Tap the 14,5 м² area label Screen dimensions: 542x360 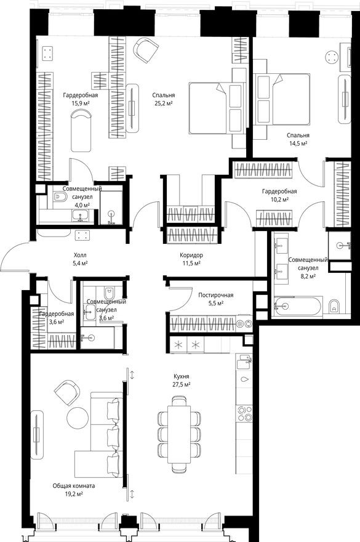[x=297, y=143]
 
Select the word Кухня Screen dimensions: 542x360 [x=181, y=374]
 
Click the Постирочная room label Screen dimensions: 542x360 [x=215, y=294]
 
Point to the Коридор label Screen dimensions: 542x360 [x=192, y=255]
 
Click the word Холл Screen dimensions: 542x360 [x=80, y=254]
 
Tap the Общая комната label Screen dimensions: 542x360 [x=74, y=485]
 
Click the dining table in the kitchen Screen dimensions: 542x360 [x=180, y=434]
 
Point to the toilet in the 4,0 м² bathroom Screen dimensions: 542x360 [x=59, y=197]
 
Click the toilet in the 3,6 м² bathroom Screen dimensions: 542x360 [x=109, y=292]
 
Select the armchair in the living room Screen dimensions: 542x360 [x=67, y=391]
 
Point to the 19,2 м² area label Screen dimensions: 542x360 [x=74, y=494]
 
